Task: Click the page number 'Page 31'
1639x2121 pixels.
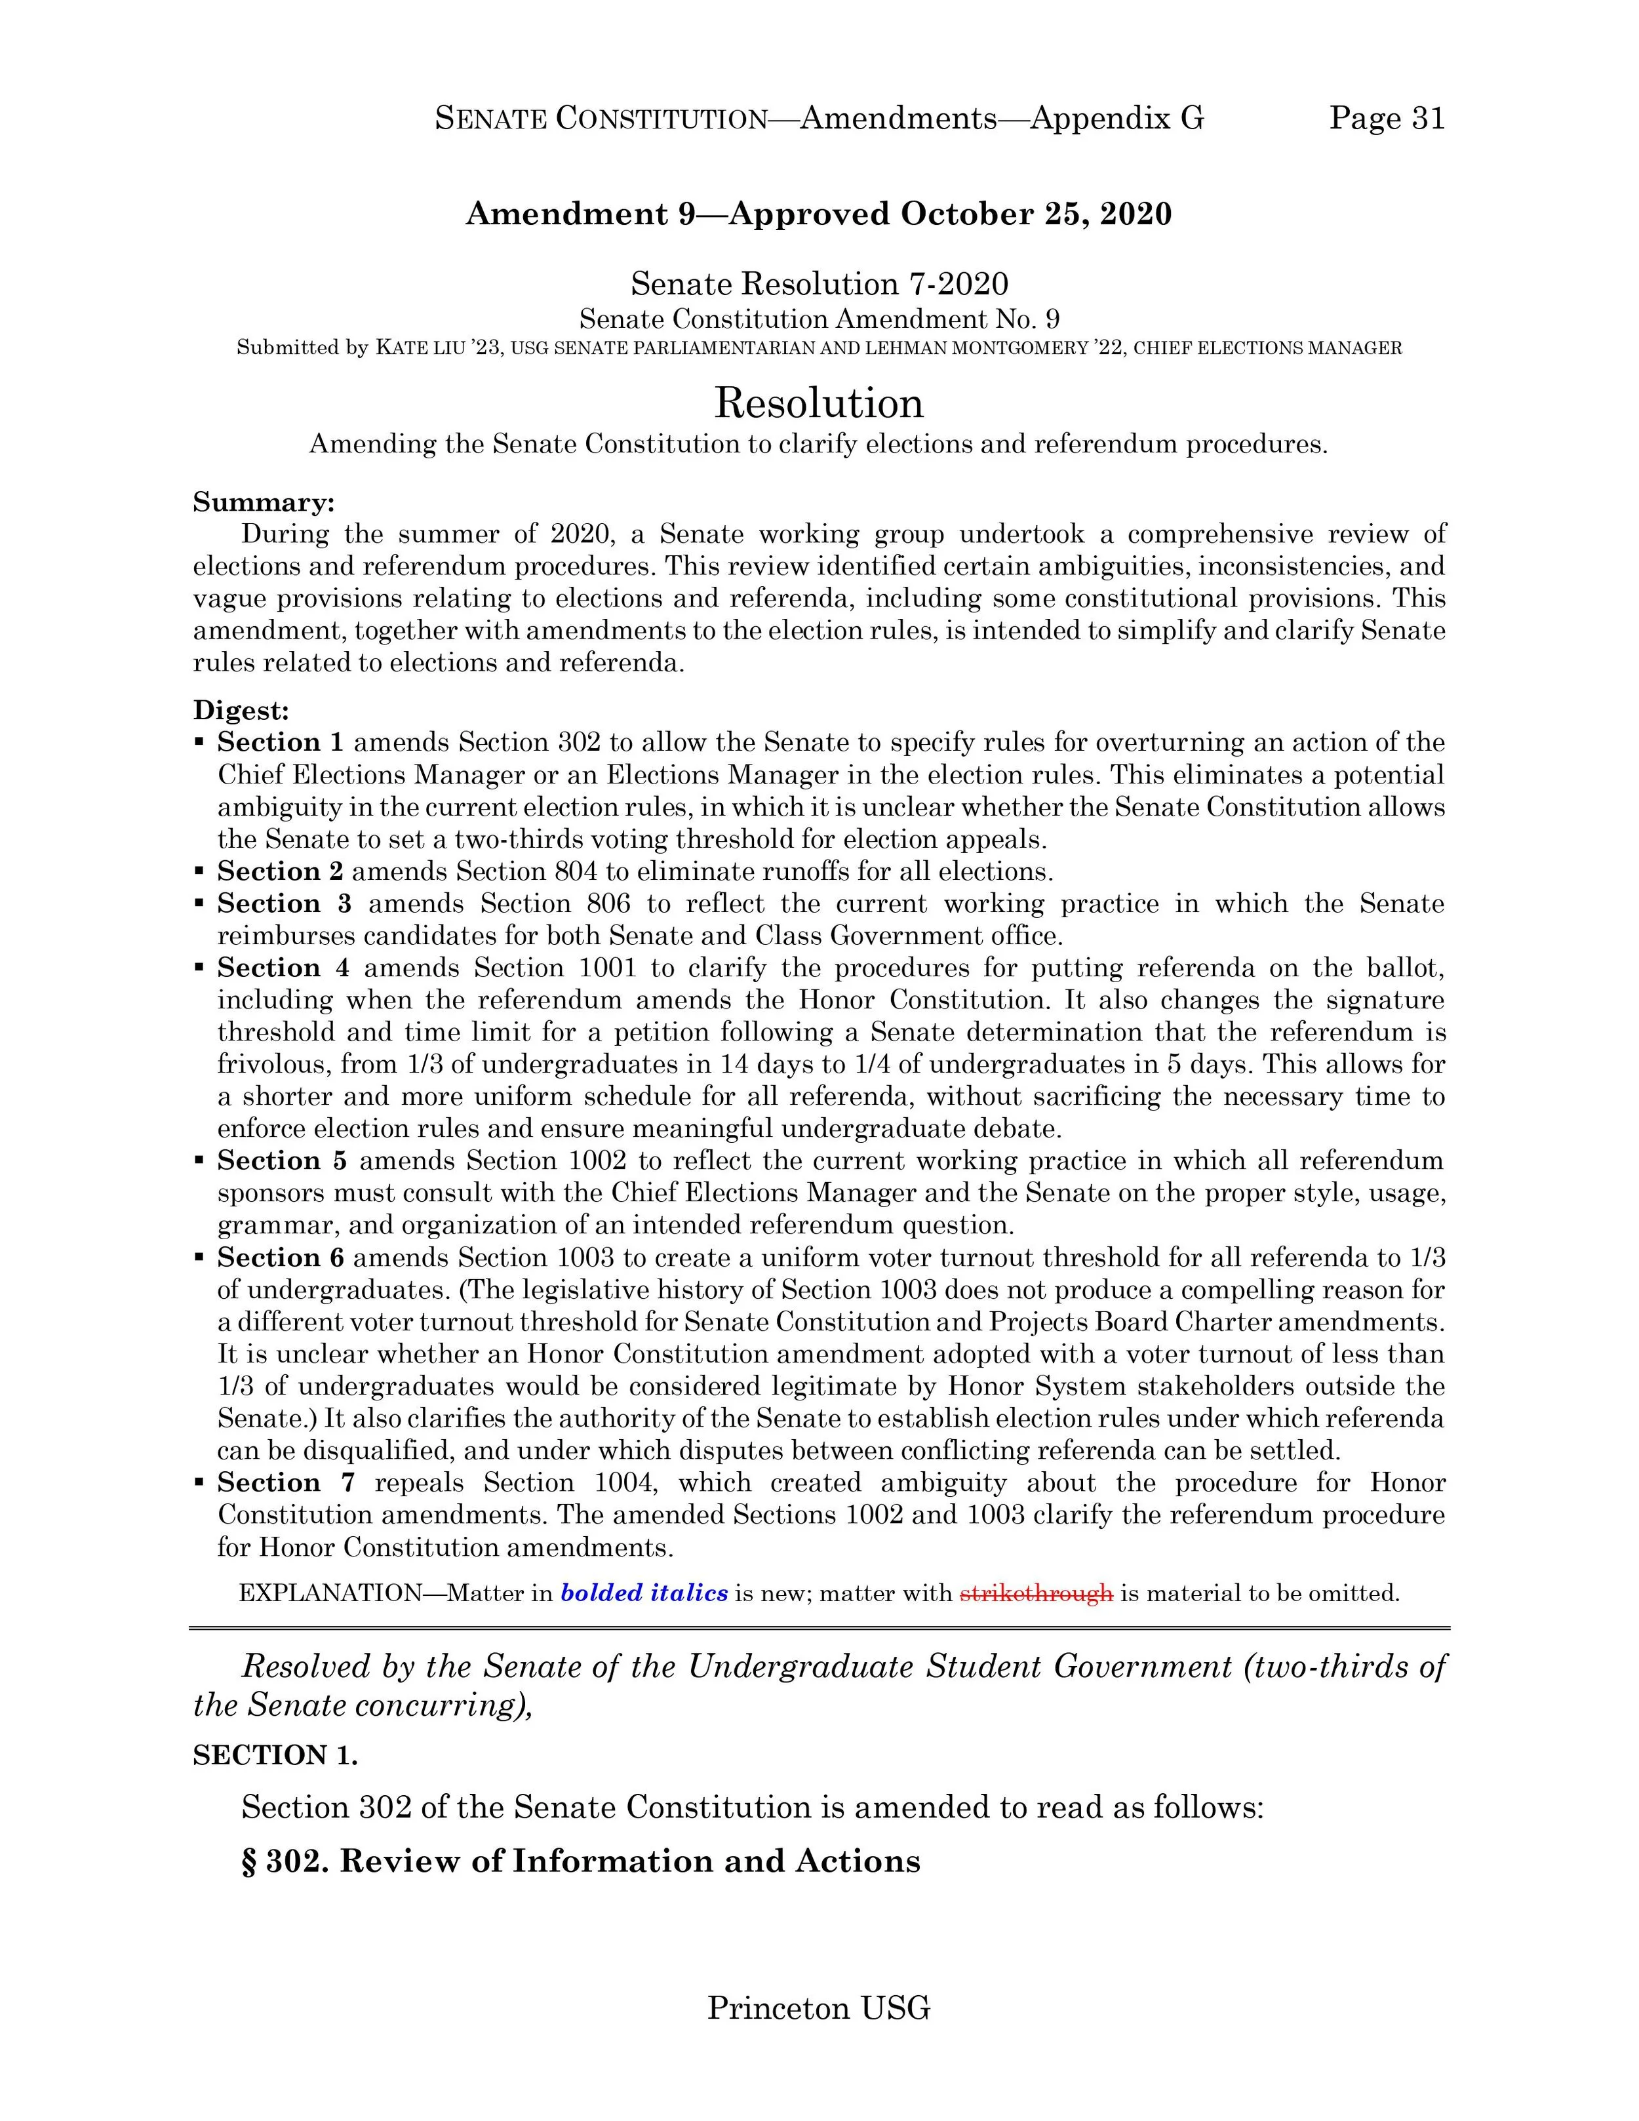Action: (1387, 119)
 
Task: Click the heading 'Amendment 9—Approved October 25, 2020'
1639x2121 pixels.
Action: (819, 214)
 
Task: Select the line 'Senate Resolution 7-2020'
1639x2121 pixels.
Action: (819, 284)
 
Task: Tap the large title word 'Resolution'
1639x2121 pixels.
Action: (819, 402)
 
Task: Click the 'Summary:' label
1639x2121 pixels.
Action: (263, 502)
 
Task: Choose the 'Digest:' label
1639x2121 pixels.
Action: (241, 710)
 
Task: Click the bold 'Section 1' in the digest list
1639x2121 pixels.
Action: (280, 742)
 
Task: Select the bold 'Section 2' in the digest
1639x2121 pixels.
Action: (280, 871)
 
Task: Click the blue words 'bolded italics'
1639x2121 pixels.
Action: (644, 1593)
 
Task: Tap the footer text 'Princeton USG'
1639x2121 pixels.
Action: (819, 2006)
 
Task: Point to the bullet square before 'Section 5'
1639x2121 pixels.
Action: (199, 1160)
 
